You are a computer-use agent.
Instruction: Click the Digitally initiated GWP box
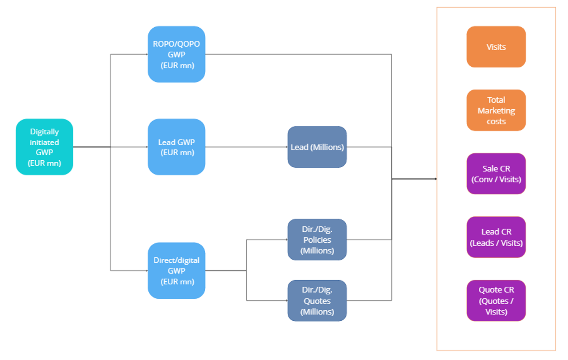[44, 147]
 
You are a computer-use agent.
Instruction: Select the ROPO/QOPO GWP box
[176, 54]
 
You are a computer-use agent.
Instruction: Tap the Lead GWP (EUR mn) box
[176, 147]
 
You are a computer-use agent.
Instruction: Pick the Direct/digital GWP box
[176, 270]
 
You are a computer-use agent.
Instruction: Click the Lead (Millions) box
[317, 147]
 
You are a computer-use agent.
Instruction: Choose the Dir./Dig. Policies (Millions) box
[317, 240]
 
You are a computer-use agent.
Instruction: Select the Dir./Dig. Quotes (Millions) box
[317, 300]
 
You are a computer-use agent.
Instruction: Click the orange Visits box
[496, 47]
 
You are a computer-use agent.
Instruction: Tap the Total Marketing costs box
[496, 110]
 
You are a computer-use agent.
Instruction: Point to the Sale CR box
[496, 174]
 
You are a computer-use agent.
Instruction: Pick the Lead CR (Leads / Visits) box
[496, 237]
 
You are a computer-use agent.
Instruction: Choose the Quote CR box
[496, 300]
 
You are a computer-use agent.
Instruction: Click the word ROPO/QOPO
[176, 44]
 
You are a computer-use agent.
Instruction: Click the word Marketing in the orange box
[496, 111]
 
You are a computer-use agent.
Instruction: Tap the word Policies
[317, 240]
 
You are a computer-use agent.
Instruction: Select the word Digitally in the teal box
[44, 132]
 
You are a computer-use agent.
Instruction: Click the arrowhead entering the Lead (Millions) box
[287, 147]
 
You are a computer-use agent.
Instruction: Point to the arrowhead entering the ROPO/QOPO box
[147, 54]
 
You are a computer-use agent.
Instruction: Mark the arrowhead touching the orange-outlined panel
[436, 179]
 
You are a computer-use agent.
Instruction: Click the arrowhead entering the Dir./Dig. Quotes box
[287, 300]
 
